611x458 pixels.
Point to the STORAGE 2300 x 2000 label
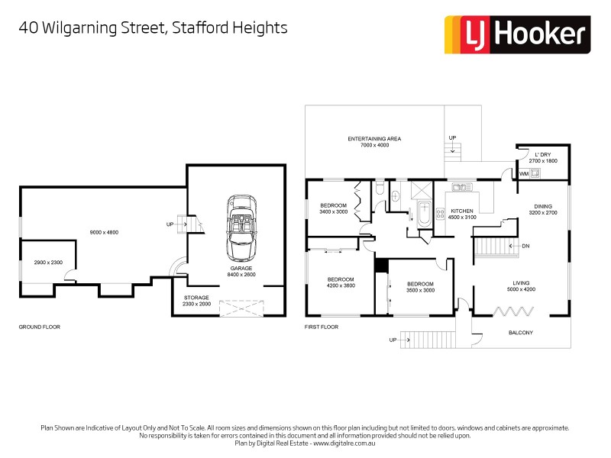pyautogui.click(x=196, y=301)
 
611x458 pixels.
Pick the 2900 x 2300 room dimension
pyautogui.click(x=47, y=262)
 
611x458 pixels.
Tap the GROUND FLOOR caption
pyautogui.click(x=39, y=327)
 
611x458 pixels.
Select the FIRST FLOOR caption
pyautogui.click(x=321, y=327)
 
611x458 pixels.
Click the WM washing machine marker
pyautogui.click(x=523, y=174)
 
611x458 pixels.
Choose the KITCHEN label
pyautogui.click(x=461, y=211)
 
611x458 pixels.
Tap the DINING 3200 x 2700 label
pyautogui.click(x=543, y=209)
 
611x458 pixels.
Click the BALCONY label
pyautogui.click(x=521, y=333)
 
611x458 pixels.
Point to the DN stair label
pyautogui.click(x=525, y=247)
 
